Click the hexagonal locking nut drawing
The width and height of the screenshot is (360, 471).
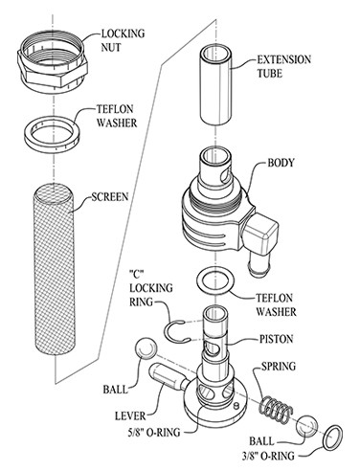[52, 62]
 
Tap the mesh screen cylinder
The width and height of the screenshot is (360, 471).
[54, 270]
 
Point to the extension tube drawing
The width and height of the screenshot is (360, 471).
[215, 84]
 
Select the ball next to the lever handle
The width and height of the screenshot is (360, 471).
[146, 348]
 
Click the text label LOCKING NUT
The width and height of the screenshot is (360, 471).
[123, 40]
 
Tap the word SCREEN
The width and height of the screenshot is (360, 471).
[110, 197]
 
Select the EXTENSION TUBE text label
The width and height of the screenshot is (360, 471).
[284, 67]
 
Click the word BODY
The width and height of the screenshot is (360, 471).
[281, 163]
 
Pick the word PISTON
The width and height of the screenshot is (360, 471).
[276, 339]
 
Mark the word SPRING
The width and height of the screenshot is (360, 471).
[279, 367]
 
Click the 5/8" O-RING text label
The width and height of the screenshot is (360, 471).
[153, 433]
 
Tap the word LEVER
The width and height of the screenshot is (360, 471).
[130, 415]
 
